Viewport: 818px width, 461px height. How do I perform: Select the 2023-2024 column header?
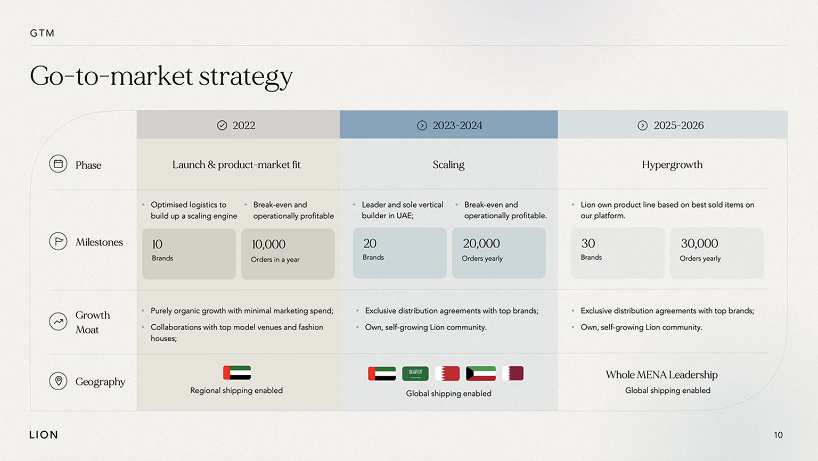tap(449, 125)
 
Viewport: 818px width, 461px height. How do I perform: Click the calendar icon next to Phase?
tap(58, 163)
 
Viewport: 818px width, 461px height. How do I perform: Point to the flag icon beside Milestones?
tap(58, 241)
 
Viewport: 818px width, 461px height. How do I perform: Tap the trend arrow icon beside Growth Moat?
tap(58, 322)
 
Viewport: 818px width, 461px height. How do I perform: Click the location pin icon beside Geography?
tap(58, 381)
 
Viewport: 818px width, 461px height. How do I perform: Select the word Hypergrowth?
tap(672, 165)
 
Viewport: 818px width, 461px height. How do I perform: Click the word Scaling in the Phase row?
tap(448, 165)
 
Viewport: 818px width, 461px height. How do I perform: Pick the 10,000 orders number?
tap(268, 244)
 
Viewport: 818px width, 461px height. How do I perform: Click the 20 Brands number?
tap(370, 243)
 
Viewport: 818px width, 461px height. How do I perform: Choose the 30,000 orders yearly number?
tap(699, 243)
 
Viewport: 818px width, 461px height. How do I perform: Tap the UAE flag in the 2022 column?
tap(237, 373)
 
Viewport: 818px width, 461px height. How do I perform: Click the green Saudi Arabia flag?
tap(415, 373)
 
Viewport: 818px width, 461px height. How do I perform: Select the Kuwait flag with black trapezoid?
tap(481, 373)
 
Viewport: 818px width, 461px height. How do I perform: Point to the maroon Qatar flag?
tap(513, 373)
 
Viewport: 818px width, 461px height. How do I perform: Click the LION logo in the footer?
tap(44, 435)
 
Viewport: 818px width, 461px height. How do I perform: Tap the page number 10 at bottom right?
tap(778, 435)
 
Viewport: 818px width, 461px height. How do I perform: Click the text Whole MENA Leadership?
tap(662, 374)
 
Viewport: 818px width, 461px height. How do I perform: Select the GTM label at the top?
tap(43, 33)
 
